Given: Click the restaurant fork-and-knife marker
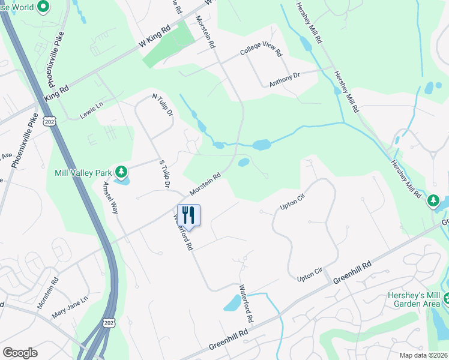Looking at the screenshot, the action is (188, 215).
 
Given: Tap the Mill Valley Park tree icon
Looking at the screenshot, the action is (122, 173).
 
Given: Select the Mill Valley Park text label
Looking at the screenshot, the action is (84, 173).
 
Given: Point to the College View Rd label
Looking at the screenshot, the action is (261, 52).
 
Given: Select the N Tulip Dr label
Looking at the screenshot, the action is (163, 104).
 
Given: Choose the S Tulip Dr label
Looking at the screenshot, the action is (166, 174).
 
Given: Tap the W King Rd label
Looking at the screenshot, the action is (155, 38).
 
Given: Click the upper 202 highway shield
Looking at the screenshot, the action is (49, 121).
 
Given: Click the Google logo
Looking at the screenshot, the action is (20, 353).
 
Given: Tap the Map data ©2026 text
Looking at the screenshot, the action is (423, 355).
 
